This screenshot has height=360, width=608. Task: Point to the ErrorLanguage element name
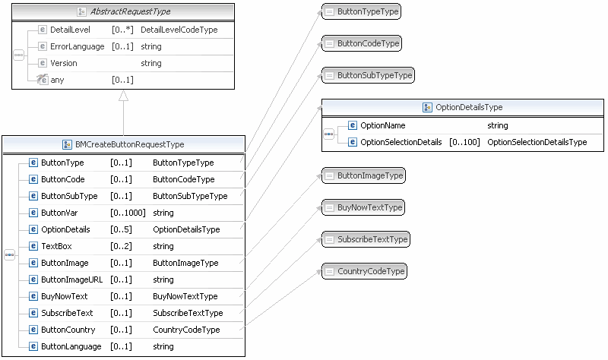[77, 46]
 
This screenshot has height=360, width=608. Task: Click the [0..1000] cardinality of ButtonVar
[128, 213]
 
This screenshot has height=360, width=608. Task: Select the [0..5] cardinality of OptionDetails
[121, 229]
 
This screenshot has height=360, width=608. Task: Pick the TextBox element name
[57, 246]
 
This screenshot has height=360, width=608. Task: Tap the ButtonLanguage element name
[70, 346]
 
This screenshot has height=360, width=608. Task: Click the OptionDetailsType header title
[468, 108]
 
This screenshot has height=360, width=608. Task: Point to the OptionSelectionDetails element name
[401, 142]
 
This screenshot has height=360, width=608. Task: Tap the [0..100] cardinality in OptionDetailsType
[464, 142]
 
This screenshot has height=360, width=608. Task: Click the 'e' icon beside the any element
[43, 80]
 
